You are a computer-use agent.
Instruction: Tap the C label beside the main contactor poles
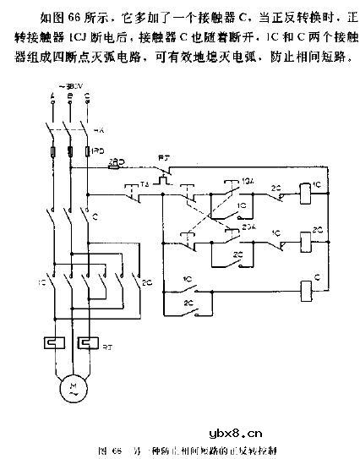tap(95, 216)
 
